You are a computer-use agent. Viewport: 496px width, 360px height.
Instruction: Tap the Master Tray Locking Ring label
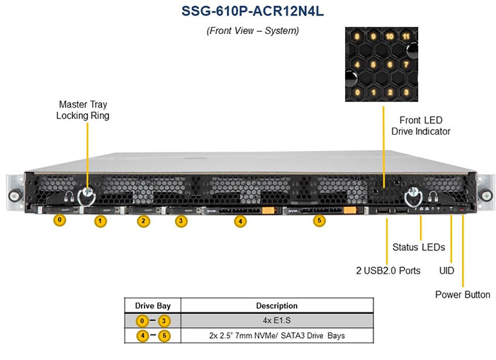pos(83,109)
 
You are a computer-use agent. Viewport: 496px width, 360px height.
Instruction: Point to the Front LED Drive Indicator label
pos(421,125)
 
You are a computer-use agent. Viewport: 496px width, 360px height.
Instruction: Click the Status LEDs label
pos(418,247)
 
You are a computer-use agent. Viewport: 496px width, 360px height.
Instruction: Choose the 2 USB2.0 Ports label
pos(388,270)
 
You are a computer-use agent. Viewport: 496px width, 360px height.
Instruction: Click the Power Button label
pos(462,294)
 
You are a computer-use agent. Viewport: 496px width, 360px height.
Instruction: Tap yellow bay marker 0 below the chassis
pos(60,220)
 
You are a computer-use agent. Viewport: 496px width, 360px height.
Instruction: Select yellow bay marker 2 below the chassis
pos(143,221)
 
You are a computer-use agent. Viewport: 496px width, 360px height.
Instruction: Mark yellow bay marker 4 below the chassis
pos(241,221)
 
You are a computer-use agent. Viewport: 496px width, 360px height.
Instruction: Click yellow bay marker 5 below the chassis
pos(320,221)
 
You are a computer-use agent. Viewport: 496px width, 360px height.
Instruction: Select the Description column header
pos(278,306)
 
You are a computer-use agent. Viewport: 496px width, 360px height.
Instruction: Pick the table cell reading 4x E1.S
pos(278,321)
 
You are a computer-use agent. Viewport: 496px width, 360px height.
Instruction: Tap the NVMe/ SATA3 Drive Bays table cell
pos(278,335)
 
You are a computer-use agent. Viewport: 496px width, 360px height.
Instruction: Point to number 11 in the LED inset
pos(405,35)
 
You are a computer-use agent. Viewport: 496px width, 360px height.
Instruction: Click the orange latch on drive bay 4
pos(268,210)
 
